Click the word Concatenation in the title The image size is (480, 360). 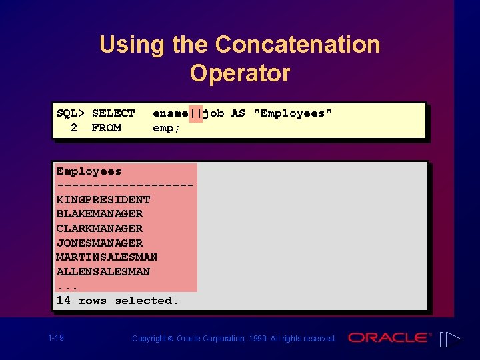click(297, 45)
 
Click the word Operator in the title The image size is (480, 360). click(240, 73)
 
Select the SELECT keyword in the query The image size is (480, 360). click(113, 113)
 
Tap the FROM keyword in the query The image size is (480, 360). click(106, 127)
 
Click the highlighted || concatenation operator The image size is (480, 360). click(195, 113)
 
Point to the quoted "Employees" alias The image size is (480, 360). click(293, 113)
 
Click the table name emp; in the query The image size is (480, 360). click(167, 127)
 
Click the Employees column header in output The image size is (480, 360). click(89, 171)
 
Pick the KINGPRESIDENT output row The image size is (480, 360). click(103, 200)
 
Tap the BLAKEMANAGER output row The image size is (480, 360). click(99, 214)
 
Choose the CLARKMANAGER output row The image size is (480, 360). click(99, 229)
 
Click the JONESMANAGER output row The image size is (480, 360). click(99, 243)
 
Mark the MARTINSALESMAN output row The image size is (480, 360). click(107, 257)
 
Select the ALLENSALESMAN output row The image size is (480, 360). click(103, 272)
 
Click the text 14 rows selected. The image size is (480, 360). click(117, 301)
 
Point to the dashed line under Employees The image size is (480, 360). click(125, 185)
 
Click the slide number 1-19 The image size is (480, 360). click(56, 339)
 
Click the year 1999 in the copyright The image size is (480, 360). click(257, 339)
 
